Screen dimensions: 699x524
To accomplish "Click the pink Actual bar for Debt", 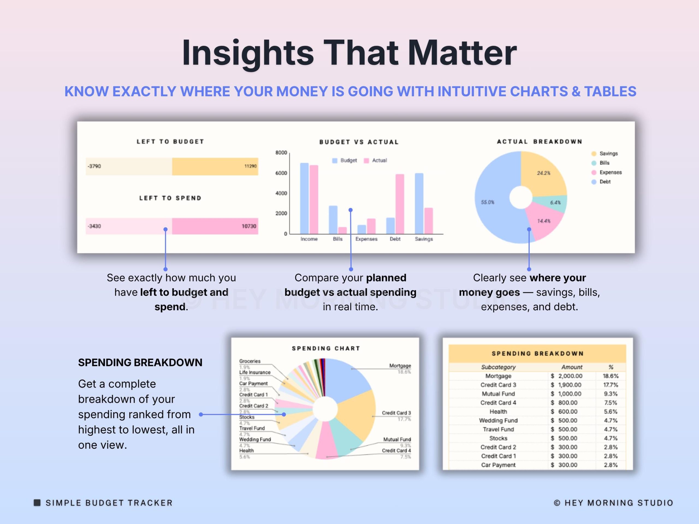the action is tap(400, 204).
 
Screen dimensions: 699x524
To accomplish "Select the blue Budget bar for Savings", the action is tap(419, 203).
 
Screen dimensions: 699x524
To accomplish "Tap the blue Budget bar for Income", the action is tap(304, 198).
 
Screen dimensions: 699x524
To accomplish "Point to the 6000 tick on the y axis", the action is tap(281, 173).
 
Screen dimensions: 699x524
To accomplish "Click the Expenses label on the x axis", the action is tap(366, 239).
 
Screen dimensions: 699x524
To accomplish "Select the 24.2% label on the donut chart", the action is tap(544, 173).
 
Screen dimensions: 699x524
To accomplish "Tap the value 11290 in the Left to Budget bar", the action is tap(250, 166).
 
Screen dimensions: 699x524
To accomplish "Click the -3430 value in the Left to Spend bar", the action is tap(94, 226).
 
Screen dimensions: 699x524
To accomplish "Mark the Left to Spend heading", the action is tap(170, 198).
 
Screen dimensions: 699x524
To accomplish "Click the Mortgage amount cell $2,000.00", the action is tap(567, 376).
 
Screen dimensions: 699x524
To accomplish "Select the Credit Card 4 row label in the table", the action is tap(498, 403).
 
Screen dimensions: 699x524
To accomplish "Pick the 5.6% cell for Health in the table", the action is tap(611, 412).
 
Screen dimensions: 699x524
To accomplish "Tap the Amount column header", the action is tap(572, 367).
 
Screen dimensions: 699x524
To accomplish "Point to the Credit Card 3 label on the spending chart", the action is tap(396, 413).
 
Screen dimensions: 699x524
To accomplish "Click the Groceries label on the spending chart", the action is tap(250, 361).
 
